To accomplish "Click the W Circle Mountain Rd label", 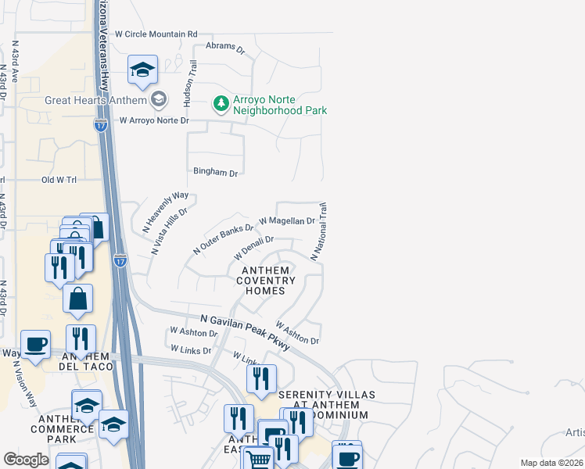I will (x=156, y=34).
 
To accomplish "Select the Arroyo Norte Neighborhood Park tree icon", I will (x=222, y=103).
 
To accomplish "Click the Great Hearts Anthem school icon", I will (x=159, y=99).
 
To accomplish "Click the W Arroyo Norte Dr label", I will (x=154, y=120).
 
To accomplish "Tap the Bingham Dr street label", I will (x=215, y=171).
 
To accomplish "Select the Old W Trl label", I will (x=59, y=180).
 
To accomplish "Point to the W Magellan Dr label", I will (x=286, y=222).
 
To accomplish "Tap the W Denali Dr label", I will (x=253, y=249).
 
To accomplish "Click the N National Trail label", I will (x=319, y=232).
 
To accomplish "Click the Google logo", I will (x=27, y=460).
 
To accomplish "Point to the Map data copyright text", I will (x=551, y=463).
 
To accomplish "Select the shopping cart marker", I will (x=259, y=458).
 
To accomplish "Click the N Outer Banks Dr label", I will (x=224, y=239).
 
